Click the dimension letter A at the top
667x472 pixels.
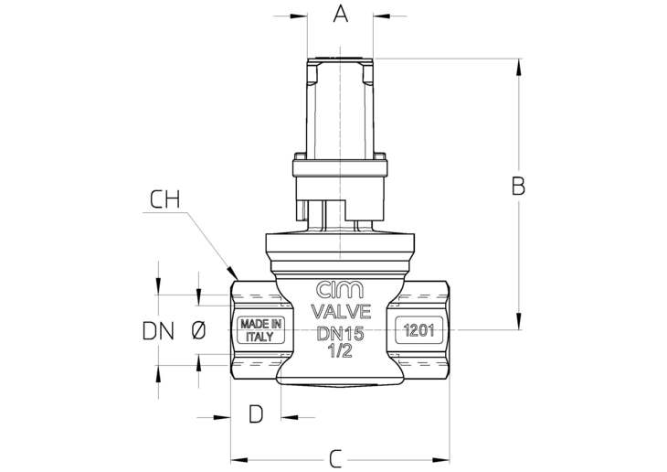coord(340,14)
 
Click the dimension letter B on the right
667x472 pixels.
coord(518,187)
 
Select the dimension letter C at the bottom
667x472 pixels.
coord(336,459)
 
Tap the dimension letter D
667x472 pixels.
coord(256,413)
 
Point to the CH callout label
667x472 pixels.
coord(165,199)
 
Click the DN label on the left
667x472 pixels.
coord(158,330)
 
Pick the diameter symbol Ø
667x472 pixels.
coord(198,330)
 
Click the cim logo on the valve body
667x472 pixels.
coord(340,290)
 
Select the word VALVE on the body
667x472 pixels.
coord(341,312)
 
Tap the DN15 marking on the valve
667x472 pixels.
coord(341,333)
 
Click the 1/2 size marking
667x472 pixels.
coord(340,350)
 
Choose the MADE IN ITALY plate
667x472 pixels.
coord(260,330)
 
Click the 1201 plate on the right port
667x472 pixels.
coord(419,330)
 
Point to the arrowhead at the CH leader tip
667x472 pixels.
coord(232,274)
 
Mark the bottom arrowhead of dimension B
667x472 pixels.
coord(519,321)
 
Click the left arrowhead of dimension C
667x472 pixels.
coord(239,460)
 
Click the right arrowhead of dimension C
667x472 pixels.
coord(440,460)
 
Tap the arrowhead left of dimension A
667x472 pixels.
coord(299,16)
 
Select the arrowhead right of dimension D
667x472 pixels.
coord(290,417)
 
